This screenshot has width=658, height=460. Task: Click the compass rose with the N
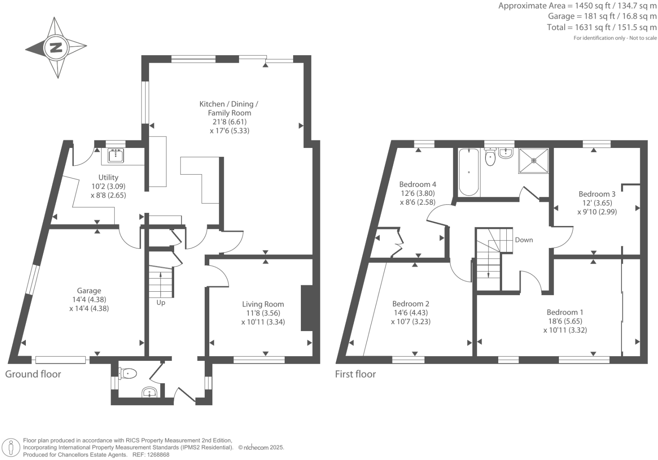point(56,47)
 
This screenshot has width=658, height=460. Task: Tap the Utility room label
point(108,177)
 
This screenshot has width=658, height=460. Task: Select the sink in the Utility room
point(116,156)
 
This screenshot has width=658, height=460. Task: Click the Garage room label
point(89,290)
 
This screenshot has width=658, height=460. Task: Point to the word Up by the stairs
point(161,303)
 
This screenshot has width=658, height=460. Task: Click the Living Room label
point(263,304)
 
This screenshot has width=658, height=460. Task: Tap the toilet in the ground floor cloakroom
point(128,374)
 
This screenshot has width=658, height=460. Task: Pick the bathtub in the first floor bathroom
point(469,172)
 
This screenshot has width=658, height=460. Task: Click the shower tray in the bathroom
point(533,161)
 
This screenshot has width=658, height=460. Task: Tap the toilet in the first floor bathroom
point(490,158)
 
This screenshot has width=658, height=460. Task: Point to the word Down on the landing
point(524,240)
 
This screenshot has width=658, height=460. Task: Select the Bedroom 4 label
point(417,184)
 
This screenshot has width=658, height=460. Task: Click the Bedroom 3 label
point(597,194)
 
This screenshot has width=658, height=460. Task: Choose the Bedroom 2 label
point(411,304)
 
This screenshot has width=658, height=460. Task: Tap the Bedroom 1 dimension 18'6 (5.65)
point(565,321)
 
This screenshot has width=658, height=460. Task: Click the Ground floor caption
point(33,374)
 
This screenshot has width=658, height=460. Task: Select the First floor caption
point(355,374)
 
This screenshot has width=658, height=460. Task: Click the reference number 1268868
point(157,454)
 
